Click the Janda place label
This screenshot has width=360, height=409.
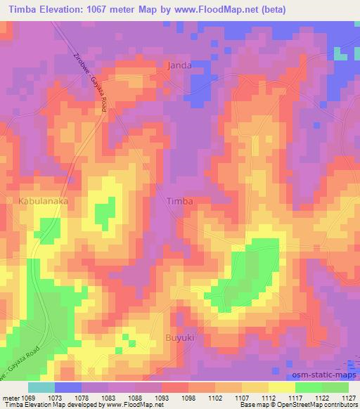179,65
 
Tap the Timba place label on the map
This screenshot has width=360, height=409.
179,201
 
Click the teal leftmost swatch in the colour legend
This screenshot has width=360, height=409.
41,387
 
